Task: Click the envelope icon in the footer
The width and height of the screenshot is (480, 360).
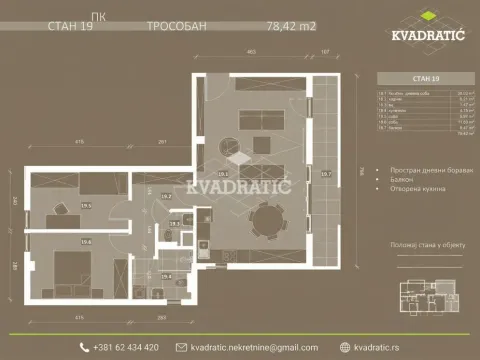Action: (181, 347)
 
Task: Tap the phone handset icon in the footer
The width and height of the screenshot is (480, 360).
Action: (84, 347)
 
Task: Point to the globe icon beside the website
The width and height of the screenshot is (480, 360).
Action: (346, 347)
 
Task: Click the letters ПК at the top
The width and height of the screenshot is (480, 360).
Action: (96, 16)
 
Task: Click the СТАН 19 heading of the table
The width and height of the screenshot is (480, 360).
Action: (411, 77)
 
